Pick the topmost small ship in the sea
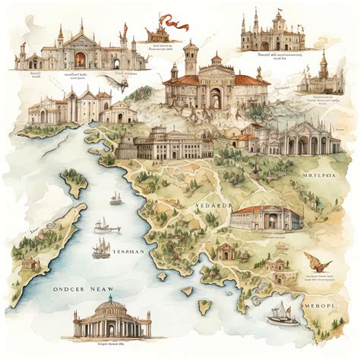point(115,199)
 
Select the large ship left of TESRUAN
point(100,248)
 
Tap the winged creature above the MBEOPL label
point(317,263)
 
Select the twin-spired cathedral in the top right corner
point(273,32)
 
